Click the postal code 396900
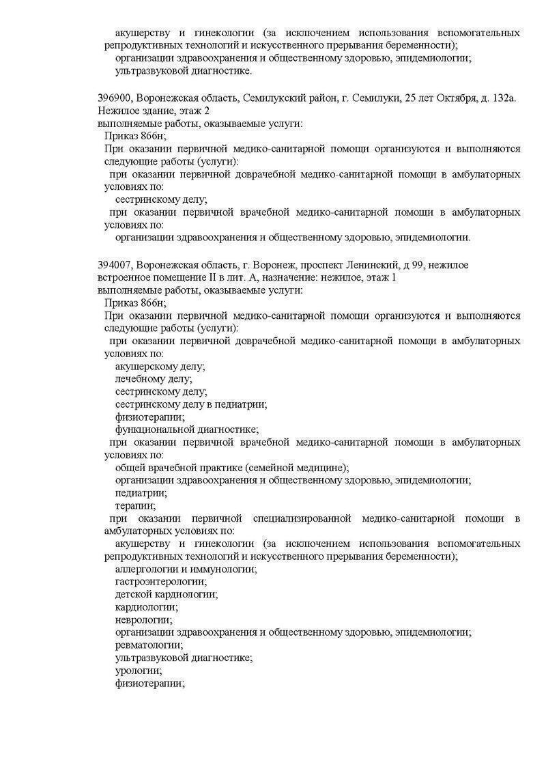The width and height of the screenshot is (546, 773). click(x=115, y=98)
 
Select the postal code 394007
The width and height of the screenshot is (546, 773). click(x=115, y=264)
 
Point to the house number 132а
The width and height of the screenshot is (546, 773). click(x=504, y=98)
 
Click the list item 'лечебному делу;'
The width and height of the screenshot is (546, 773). click(x=154, y=378)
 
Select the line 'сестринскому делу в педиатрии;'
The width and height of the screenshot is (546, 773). click(x=190, y=404)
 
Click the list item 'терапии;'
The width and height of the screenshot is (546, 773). click(x=135, y=506)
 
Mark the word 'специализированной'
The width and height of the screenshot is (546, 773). click(x=306, y=519)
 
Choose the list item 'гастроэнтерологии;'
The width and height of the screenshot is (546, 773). click(x=160, y=581)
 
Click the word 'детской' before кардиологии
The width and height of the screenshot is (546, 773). click(x=134, y=594)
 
